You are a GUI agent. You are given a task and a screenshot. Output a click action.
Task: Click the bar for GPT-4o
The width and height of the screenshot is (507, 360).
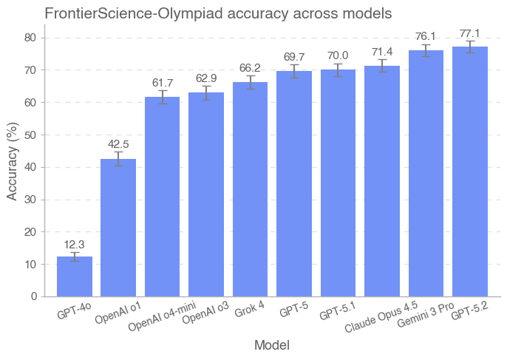point(75,276)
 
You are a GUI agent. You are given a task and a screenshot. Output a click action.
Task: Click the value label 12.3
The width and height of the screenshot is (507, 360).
point(75,245)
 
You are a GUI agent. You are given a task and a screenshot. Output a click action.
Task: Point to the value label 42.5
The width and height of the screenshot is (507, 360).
point(118,145)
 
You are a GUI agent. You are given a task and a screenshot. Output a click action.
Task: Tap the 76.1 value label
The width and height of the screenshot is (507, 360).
point(426,36)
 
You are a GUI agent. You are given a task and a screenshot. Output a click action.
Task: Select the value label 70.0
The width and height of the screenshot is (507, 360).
point(338,55)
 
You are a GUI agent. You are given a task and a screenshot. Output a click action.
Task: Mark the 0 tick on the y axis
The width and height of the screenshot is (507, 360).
point(34,296)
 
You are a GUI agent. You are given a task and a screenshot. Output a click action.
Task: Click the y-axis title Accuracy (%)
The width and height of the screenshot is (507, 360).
point(12,160)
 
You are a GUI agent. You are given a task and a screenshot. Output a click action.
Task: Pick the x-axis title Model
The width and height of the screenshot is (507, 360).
point(271,345)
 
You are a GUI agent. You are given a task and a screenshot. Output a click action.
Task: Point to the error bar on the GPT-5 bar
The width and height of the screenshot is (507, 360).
point(294,71)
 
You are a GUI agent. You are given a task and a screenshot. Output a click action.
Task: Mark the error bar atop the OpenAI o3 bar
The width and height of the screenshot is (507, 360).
point(206,92)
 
